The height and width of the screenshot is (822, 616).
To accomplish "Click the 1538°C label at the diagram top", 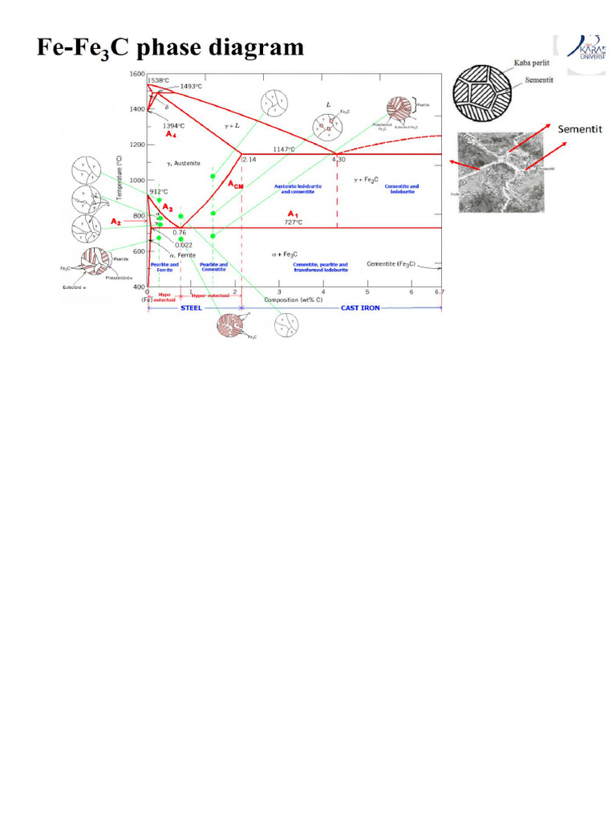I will coord(158,80).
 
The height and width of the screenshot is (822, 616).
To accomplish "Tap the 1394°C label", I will coord(174,126).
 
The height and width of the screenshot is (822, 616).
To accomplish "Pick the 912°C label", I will coord(158,192).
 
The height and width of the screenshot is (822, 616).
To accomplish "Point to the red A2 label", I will coord(116,221).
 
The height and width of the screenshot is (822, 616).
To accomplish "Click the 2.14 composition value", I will coord(249,159).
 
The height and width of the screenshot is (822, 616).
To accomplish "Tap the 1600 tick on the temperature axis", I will coord(136,74).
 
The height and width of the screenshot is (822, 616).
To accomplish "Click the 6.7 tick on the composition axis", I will coord(438,291).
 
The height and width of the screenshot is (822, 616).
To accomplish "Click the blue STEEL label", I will coord(191,307).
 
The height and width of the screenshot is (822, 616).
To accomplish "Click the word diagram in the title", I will coord(249,47).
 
